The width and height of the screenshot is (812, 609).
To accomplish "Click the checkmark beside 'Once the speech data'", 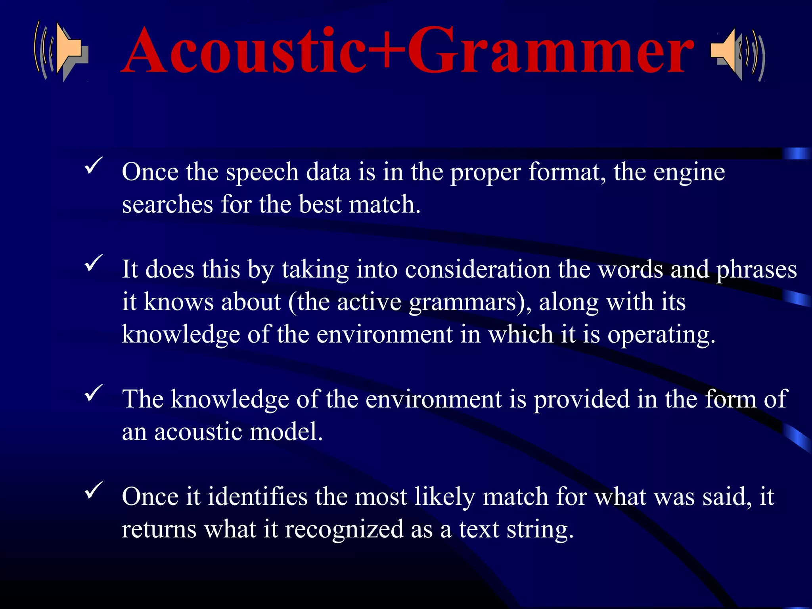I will [x=94, y=165].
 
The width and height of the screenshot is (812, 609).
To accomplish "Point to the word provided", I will [x=581, y=400].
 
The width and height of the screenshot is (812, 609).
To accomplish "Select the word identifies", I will [x=257, y=497].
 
